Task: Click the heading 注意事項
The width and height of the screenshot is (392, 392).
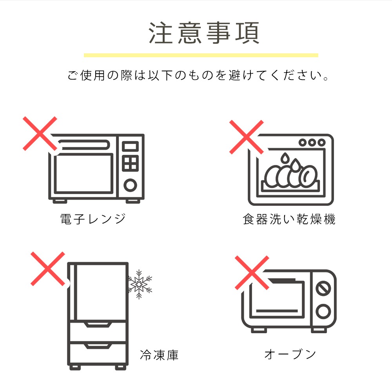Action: tap(204, 33)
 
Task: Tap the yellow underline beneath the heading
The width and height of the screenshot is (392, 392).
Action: tap(201, 55)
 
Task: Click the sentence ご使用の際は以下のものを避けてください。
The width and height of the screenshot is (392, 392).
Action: tap(198, 75)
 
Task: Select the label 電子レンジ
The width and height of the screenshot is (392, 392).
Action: tap(93, 219)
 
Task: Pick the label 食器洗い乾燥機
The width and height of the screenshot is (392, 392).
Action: tap(289, 219)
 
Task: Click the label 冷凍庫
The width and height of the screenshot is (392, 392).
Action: tap(159, 355)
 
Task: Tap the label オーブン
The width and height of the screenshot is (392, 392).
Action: tap(290, 354)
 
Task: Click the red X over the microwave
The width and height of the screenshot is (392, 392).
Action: tap(40, 134)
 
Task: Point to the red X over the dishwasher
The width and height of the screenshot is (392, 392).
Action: tap(247, 137)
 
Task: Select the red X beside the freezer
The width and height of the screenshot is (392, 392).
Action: tap(48, 269)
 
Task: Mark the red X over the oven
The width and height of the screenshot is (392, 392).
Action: tap(252, 273)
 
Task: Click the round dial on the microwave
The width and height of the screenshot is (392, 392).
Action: tap(130, 185)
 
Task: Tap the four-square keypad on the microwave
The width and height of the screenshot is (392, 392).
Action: tap(130, 163)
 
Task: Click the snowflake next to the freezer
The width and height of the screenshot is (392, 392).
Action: tap(140, 284)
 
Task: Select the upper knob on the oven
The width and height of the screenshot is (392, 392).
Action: tap(323, 289)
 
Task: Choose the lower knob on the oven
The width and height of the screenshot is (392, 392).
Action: tap(323, 312)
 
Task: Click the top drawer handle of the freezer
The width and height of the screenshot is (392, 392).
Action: tap(98, 325)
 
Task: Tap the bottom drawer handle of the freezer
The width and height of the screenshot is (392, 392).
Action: tap(98, 346)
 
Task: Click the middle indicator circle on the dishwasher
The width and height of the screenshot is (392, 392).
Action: tap(312, 143)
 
